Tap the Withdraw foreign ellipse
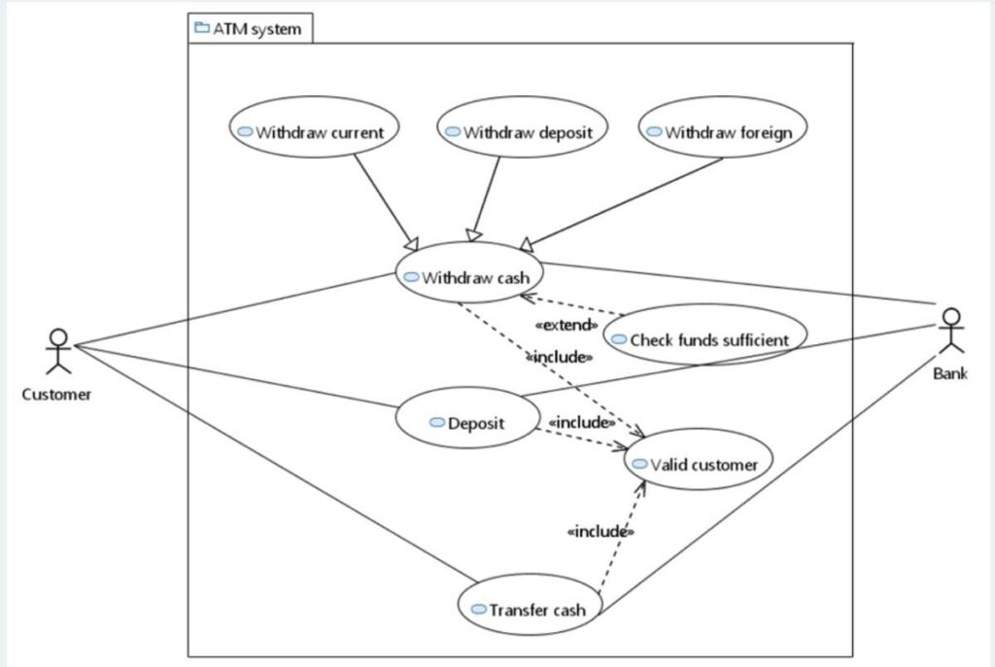pos(724,132)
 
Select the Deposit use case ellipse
pos(467,423)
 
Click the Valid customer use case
pos(699,465)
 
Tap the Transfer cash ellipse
pos(531,610)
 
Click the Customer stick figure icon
pos(59,351)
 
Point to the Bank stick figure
pos(951,331)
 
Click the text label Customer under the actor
pos(57,395)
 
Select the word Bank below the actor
pos(950,373)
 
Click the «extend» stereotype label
pos(566,325)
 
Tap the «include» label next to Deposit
pos(582,423)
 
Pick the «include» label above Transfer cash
pos(600,532)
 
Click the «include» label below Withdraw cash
pos(560,358)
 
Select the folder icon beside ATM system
pos(202,28)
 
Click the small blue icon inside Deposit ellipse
pos(436,423)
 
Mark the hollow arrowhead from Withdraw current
pos(412,243)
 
